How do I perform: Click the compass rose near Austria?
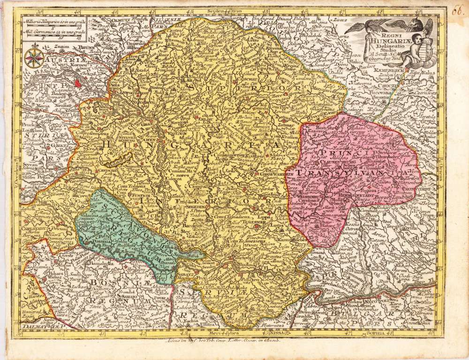tap(35, 58)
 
